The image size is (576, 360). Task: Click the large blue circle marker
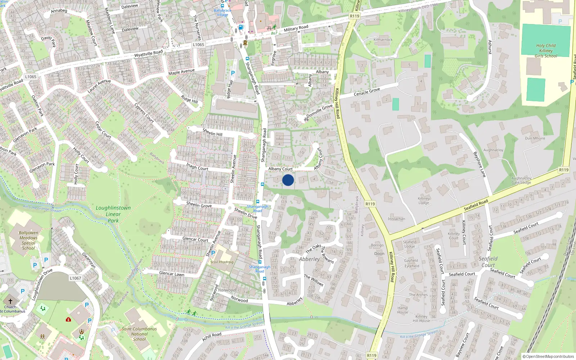pos(288,180)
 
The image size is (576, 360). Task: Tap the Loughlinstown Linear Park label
pos(113,214)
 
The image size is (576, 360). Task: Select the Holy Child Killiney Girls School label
pos(546,51)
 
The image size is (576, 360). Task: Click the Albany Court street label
pos(280,169)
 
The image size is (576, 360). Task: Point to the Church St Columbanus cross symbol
pos(10,301)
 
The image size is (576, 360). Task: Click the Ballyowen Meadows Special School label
pos(28,240)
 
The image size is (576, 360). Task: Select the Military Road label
pos(296,28)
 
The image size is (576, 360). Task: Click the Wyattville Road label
pos(148,54)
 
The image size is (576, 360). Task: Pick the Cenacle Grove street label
pos(366,92)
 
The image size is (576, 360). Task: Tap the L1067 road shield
pos(75,278)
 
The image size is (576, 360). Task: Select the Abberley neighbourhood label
pos(309,259)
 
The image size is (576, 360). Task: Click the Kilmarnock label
pos(383,40)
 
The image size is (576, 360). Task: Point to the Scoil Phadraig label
pos(222,262)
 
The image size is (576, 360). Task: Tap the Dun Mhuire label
pos(535,138)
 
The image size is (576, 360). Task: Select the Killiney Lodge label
pos(424,201)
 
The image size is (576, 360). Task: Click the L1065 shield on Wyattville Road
pos(198,45)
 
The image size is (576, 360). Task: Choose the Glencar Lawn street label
pos(172,274)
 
